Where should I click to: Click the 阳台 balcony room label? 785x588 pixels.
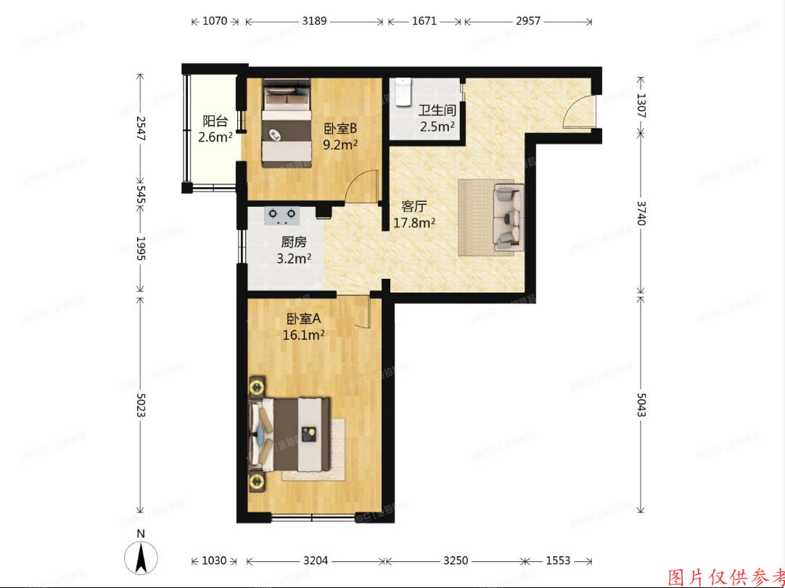click(x=215, y=122)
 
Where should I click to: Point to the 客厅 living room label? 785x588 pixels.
click(x=414, y=206)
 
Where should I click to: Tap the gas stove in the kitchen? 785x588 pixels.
click(x=283, y=215)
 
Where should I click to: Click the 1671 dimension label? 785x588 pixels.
click(x=424, y=22)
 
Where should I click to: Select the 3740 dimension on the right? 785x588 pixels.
click(x=641, y=215)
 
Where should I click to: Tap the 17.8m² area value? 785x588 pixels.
click(x=414, y=223)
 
